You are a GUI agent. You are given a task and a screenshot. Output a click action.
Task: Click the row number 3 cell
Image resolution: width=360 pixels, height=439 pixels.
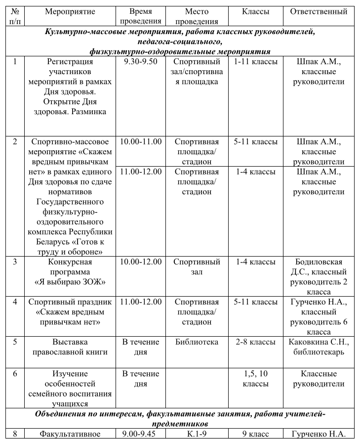click(15, 262)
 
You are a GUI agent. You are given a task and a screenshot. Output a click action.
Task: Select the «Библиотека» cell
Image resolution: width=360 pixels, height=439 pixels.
click(197, 342)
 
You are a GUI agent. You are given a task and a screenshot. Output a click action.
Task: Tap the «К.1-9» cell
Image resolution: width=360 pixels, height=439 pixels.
click(197, 434)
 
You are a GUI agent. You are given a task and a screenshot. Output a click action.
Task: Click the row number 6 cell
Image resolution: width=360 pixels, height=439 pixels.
click(15, 374)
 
